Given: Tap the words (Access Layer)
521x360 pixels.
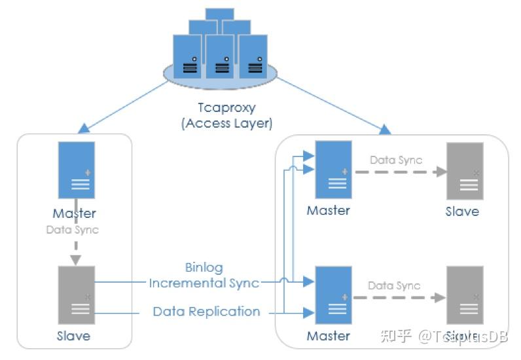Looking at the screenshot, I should [226, 122].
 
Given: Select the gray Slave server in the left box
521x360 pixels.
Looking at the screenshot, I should [76, 294].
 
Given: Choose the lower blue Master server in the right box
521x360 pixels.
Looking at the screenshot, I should [332, 295].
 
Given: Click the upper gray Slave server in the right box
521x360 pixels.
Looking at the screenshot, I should [464, 170].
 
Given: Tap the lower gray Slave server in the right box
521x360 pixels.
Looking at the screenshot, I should [464, 295].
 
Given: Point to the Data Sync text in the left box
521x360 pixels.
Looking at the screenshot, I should [72, 230].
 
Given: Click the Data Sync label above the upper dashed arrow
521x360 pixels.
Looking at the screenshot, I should [396, 160].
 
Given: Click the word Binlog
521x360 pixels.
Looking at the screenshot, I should [204, 268].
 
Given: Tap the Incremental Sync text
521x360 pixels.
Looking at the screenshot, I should [204, 283].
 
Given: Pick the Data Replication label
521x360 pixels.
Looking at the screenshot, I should [206, 312].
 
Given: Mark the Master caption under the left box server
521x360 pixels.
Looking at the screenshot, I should [75, 213].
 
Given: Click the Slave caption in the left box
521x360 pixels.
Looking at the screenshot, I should [74, 336].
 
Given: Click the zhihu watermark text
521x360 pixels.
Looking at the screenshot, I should [452, 336].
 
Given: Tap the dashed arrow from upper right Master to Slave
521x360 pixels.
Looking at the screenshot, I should [399, 172].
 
